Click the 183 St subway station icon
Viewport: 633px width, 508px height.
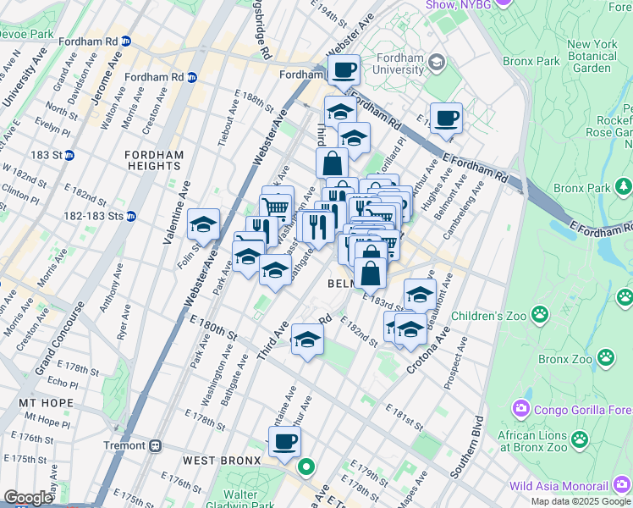pos(69,155)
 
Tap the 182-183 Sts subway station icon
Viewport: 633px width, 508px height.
pos(130,217)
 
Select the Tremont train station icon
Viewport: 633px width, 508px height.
pos(155,445)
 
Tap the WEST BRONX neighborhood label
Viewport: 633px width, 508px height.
pos(217,461)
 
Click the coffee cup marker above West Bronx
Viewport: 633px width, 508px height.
pos(284,441)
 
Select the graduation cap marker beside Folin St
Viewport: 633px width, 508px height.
pos(203,224)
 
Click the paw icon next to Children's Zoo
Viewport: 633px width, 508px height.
pos(625,297)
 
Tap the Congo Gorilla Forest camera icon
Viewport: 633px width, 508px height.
pos(520,409)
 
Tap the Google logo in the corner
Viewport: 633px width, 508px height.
pos(28,498)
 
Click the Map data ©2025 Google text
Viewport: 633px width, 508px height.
pos(581,501)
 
